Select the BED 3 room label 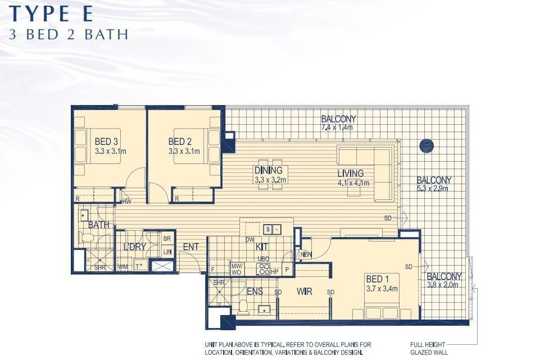[106, 142]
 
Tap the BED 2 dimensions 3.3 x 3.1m [184, 152]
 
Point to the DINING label [268, 171]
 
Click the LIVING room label [351, 173]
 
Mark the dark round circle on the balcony [426, 145]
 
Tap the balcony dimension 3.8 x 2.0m [443, 285]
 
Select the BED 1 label [377, 279]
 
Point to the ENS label [255, 291]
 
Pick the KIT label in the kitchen [262, 247]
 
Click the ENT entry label [191, 247]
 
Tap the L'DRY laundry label [135, 247]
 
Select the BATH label [98, 225]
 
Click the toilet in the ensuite [243, 306]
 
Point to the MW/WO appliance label [237, 268]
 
